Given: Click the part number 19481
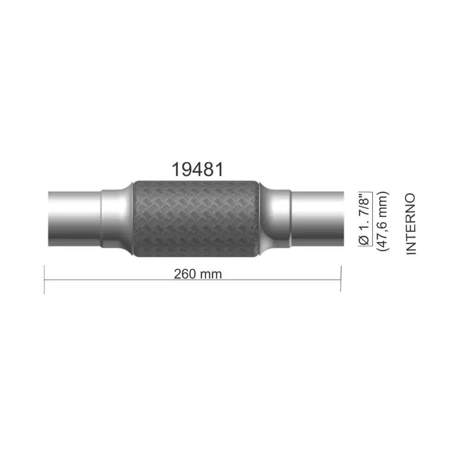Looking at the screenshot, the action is click(197, 170).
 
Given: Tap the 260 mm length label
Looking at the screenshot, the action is click(198, 274).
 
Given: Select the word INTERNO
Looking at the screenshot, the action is click(411, 224).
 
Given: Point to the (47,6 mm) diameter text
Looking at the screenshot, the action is click(383, 221).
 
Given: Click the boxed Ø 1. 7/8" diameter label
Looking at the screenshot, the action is click(365, 218).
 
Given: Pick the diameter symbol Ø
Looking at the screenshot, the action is click(365, 240).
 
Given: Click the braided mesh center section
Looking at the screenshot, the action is click(196, 219).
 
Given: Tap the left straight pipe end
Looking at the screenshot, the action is click(75, 219).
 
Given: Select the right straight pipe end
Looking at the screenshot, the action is click(317, 219).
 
